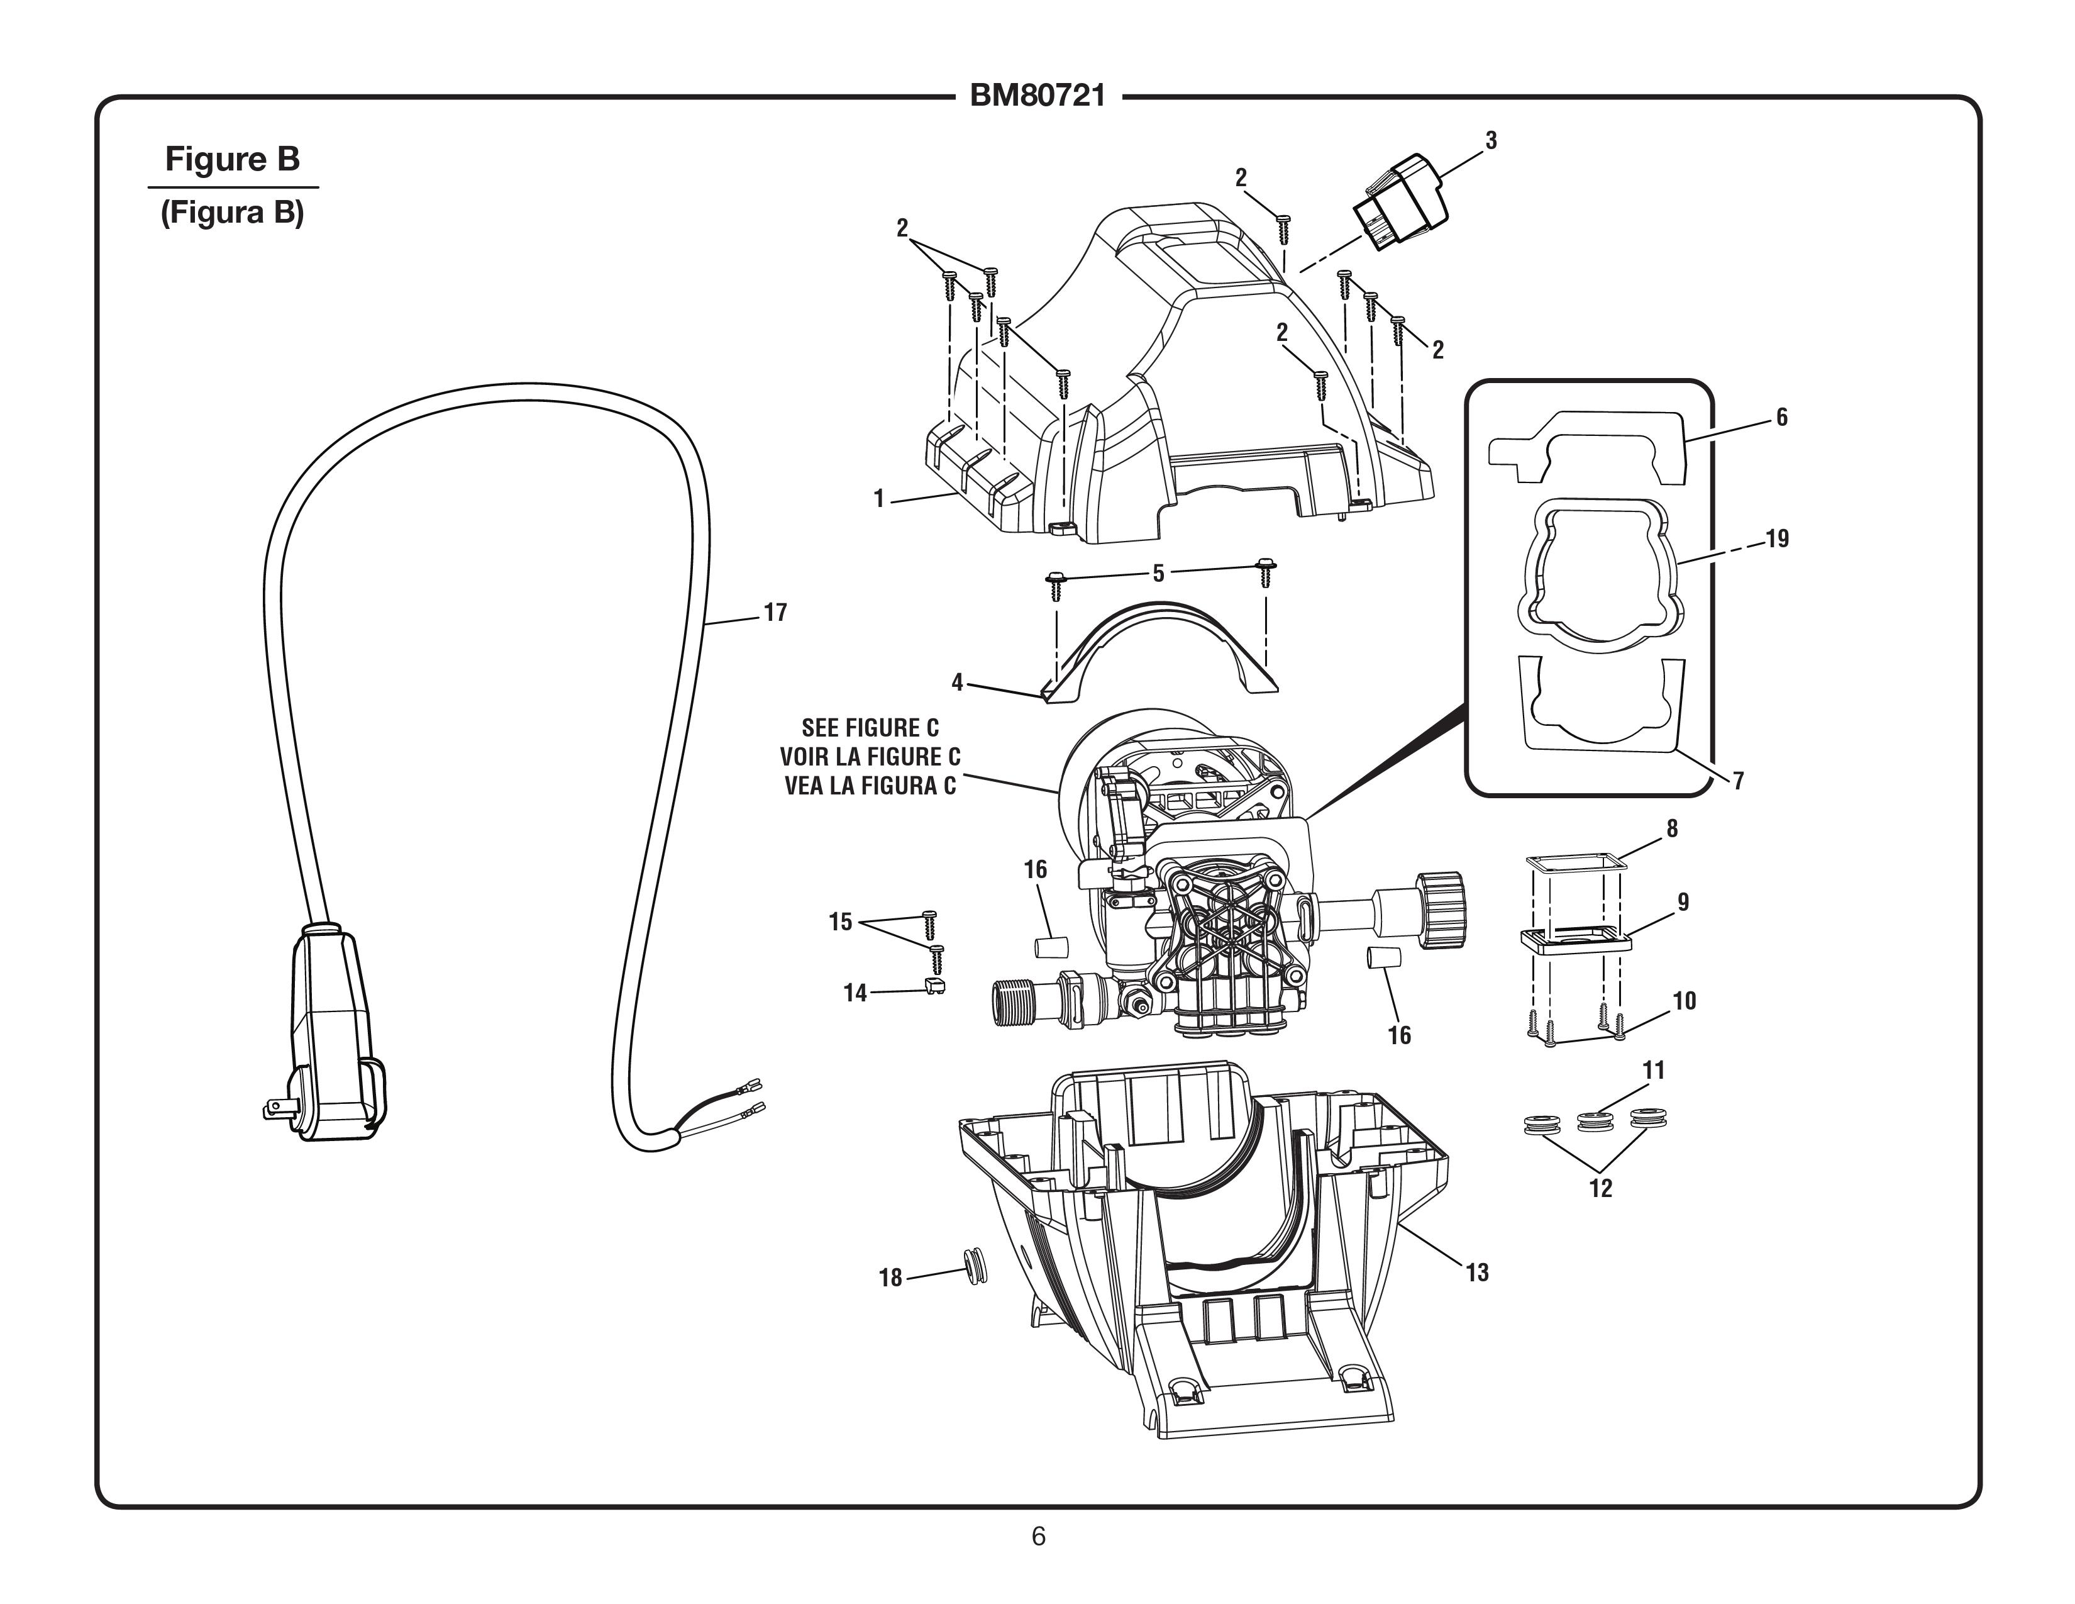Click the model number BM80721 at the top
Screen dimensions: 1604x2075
(x=1037, y=97)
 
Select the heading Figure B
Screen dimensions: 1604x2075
(x=232, y=159)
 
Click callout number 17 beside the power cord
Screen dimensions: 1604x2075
(x=775, y=613)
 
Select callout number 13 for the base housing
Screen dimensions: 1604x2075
(x=1476, y=1273)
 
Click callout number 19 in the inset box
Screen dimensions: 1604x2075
(x=1777, y=539)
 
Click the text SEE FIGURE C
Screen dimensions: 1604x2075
(x=870, y=728)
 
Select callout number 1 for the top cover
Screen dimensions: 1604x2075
(x=879, y=499)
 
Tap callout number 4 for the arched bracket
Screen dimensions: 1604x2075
(x=957, y=682)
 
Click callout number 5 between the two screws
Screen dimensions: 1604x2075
(x=1158, y=573)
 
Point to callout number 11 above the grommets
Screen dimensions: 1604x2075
(x=1654, y=1071)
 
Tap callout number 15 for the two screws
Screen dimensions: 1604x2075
(x=840, y=922)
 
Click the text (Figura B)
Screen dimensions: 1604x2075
(x=232, y=213)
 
